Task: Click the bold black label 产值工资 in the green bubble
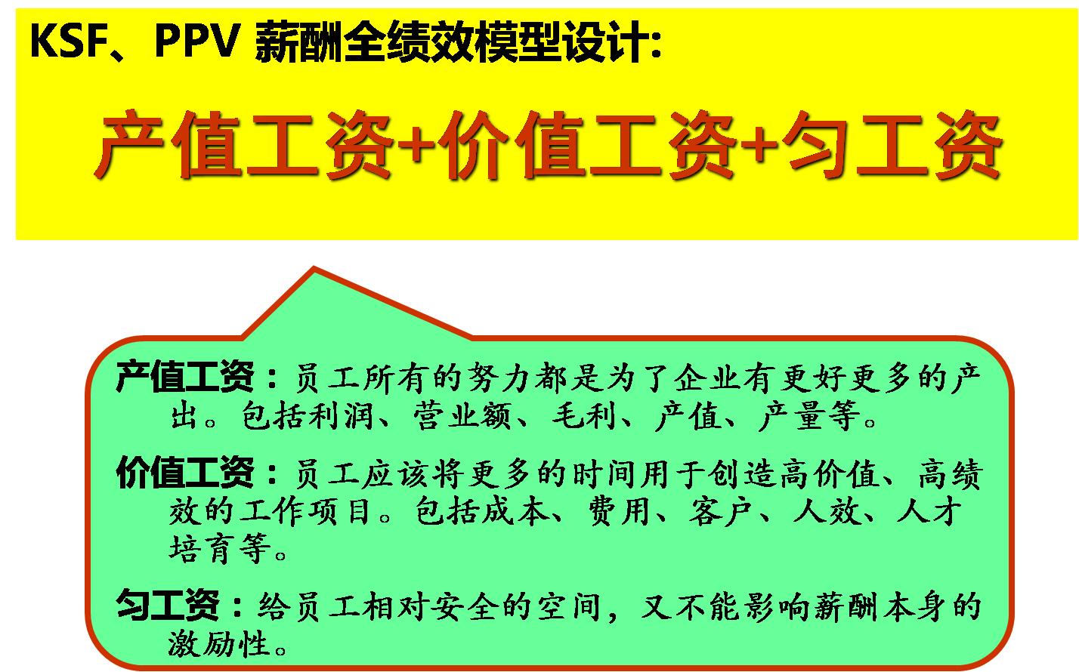(186, 377)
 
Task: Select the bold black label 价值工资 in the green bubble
(186, 473)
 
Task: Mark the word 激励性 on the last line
(220, 644)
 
